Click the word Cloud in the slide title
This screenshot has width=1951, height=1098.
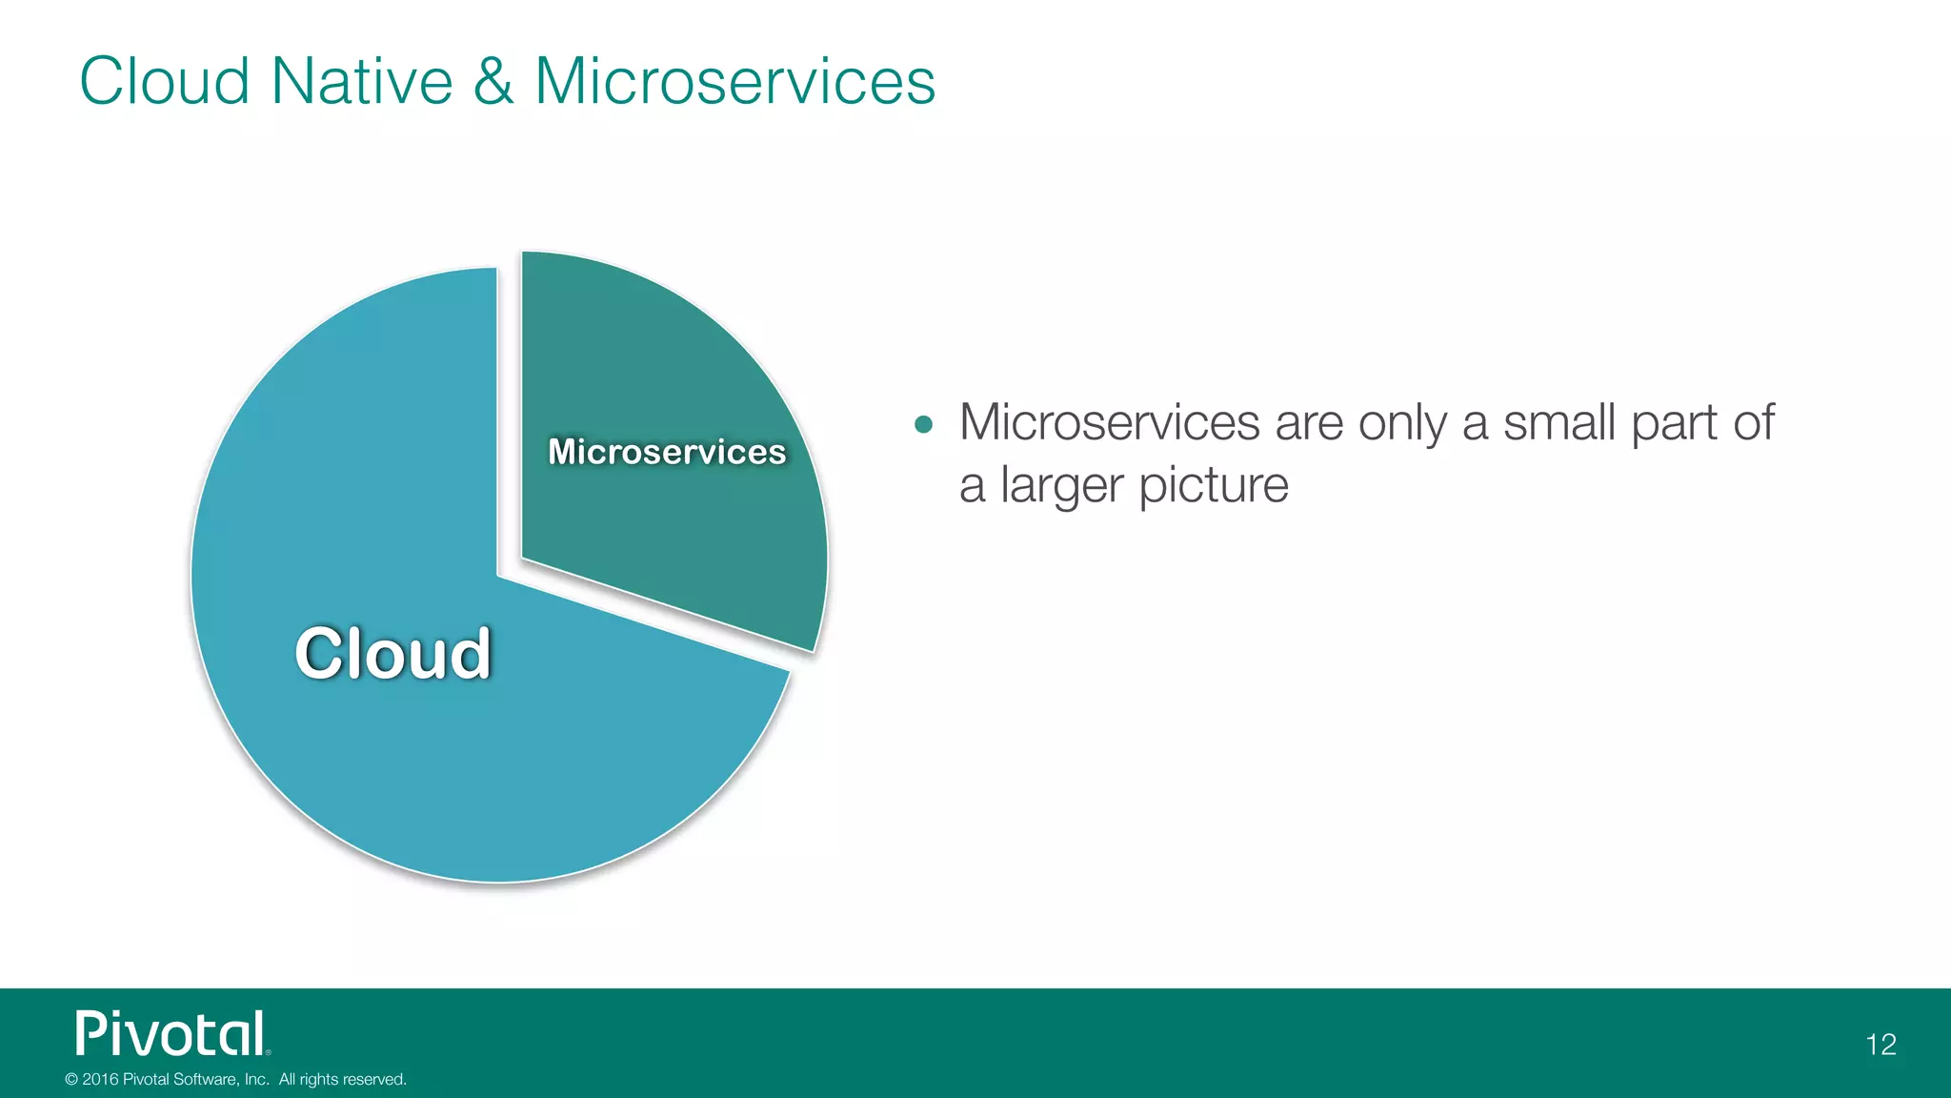point(164,81)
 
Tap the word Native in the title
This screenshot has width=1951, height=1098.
point(361,81)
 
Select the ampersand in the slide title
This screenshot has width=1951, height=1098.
point(493,81)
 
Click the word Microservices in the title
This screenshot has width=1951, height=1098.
point(734,81)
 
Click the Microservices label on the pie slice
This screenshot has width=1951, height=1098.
point(667,452)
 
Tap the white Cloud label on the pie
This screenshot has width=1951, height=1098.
point(392,654)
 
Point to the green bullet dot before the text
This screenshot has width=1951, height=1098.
point(923,424)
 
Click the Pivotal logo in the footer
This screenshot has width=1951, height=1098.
point(172,1034)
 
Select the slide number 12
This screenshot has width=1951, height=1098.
point(1881,1045)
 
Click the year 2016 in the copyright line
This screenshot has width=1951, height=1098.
point(100,1080)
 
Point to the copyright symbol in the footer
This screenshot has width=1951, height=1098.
point(71,1080)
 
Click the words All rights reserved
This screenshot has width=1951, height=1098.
point(342,1080)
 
